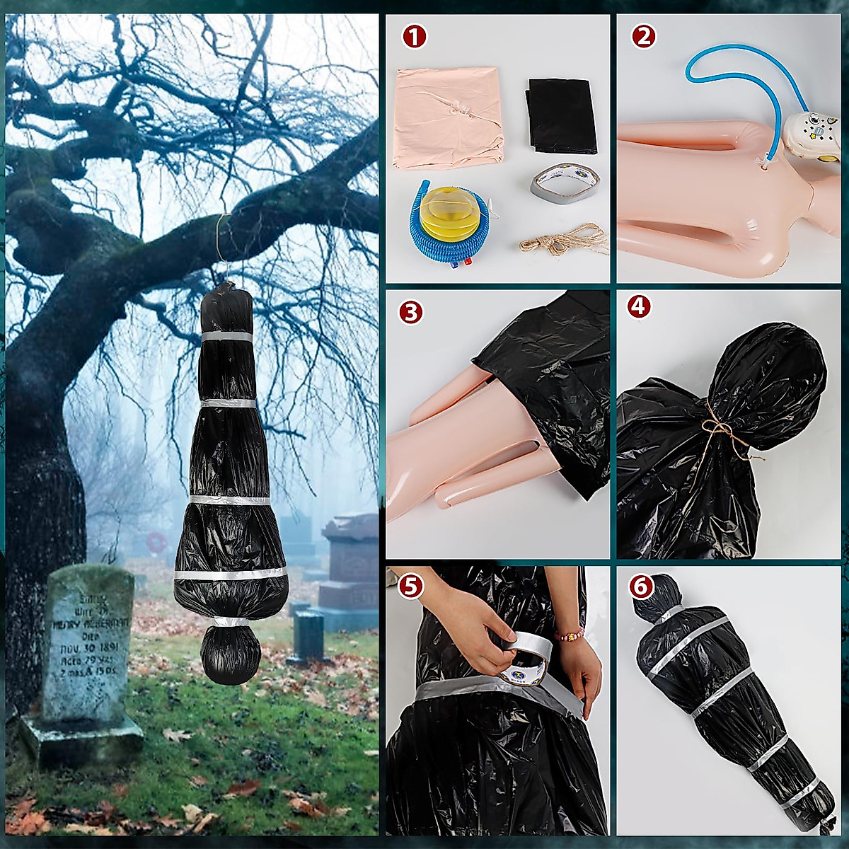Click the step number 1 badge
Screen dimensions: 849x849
415,36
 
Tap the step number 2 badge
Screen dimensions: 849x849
643,36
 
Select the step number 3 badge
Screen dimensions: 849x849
411,312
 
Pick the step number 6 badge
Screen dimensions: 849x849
641,587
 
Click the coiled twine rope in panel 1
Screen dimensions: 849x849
565,241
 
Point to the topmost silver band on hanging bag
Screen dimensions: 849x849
226,336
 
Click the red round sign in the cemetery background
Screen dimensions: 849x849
156,542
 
